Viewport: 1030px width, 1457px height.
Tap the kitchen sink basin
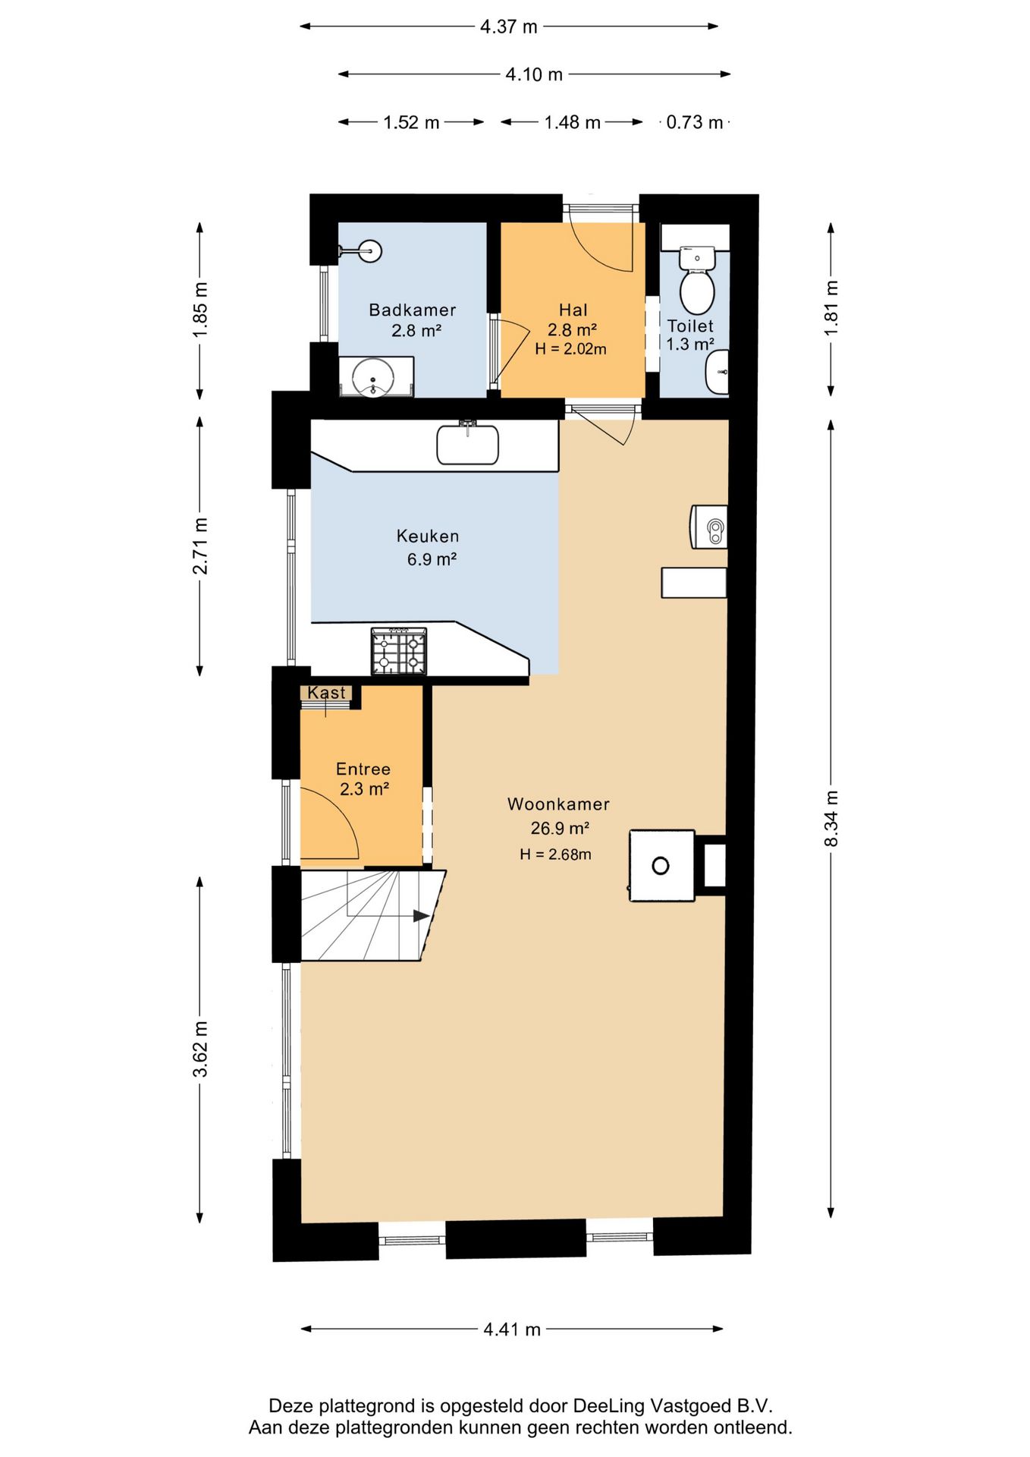point(467,445)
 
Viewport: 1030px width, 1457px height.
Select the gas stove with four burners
point(398,651)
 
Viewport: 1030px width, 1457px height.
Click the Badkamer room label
point(412,310)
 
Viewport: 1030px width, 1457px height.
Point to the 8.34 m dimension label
point(831,818)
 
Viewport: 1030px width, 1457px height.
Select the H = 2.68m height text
point(555,854)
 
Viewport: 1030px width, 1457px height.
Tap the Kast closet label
point(326,693)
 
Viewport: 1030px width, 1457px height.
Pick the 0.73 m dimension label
point(694,122)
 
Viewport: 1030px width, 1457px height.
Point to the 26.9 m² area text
point(560,828)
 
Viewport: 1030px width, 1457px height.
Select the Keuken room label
point(428,536)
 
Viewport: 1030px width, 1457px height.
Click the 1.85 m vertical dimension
point(199,310)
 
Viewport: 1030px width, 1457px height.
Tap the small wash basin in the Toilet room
point(718,372)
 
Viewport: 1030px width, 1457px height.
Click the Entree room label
point(363,769)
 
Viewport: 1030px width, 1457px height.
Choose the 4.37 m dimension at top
point(508,27)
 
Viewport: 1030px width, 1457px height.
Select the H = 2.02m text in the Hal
point(570,349)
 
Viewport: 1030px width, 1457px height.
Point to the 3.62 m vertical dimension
point(199,1049)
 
